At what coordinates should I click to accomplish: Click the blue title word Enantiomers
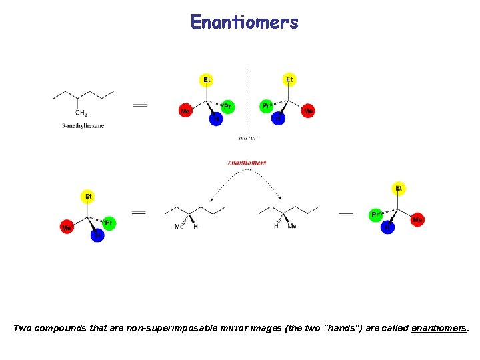[x=244, y=23]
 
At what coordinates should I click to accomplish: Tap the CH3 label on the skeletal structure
[x=81, y=113]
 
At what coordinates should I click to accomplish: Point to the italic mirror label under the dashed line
[x=247, y=138]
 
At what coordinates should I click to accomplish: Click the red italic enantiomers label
[x=247, y=162]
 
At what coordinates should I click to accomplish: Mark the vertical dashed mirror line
[x=247, y=100]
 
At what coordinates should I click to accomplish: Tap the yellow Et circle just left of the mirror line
[x=207, y=80]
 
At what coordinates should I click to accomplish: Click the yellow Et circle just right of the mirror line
[x=289, y=80]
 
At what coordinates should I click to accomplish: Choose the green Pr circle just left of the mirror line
[x=227, y=107]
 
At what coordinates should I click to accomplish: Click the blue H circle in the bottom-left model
[x=97, y=235]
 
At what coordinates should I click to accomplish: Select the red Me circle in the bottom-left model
[x=67, y=227]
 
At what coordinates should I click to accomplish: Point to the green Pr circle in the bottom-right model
[x=376, y=215]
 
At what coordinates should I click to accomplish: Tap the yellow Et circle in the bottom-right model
[x=399, y=189]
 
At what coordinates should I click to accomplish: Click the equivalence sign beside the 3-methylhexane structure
[x=140, y=104]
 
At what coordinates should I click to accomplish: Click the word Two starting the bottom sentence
[x=23, y=328]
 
